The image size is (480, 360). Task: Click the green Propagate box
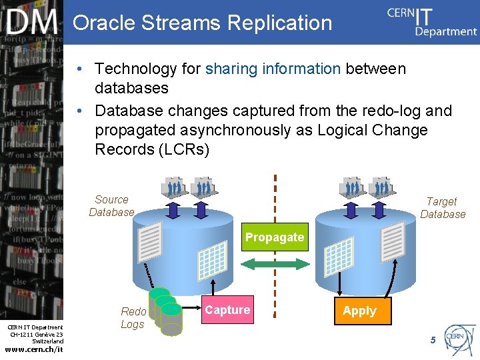[274, 237]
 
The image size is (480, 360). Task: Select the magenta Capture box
[227, 310]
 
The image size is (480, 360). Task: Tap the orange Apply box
[359, 311]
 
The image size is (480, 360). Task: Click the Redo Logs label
[133, 318]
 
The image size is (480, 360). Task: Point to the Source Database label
[111, 206]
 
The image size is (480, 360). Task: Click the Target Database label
[443, 207]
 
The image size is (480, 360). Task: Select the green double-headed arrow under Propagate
[274, 265]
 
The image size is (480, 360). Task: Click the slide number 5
[433, 340]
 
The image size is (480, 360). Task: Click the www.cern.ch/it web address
[33, 349]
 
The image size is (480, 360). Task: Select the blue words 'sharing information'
[273, 69]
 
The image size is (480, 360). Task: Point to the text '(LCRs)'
[185, 149]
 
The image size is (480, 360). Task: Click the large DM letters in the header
[32, 23]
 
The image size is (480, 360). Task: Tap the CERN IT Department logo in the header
[431, 21]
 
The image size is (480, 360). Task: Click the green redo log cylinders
[165, 309]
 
